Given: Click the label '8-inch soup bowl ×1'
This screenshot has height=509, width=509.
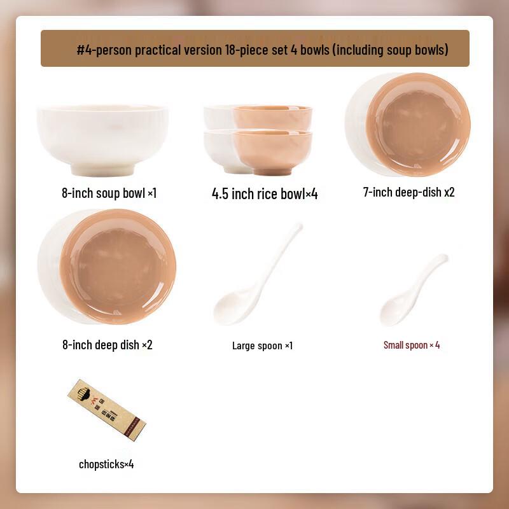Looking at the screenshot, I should coord(109,192).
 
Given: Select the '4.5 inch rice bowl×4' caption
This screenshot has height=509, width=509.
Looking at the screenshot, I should coord(265,194).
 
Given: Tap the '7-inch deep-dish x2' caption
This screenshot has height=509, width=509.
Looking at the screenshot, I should coord(408,192).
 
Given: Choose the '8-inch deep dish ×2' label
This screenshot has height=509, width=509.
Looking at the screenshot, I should coord(108,345).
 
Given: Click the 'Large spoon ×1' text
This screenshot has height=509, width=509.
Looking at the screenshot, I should coord(262,345).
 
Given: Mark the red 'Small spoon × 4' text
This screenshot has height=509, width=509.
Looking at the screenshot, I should coord(412,345).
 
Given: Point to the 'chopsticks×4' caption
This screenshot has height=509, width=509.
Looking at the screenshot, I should coord(106,464).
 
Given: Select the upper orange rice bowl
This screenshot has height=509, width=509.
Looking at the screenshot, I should coord(272,118).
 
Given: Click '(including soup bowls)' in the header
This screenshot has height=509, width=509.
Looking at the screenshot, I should coord(390,50).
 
